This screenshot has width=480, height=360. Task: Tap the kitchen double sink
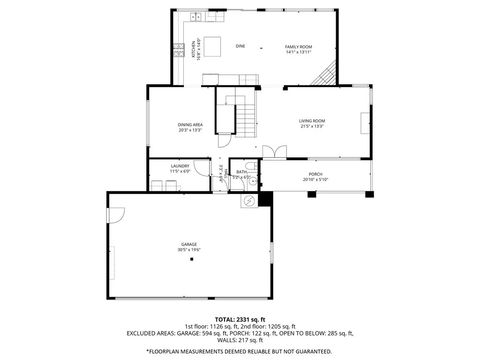(x=195, y=17)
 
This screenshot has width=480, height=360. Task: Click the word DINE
(x=240, y=46)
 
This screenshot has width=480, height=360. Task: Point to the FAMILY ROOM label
(x=299, y=47)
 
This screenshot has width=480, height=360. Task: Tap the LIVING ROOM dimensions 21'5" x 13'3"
(x=312, y=126)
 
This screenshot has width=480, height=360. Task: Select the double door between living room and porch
(x=274, y=152)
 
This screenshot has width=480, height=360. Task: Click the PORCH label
(x=315, y=174)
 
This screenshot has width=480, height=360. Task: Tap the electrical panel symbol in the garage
(x=250, y=201)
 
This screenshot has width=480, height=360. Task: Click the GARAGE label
(x=189, y=244)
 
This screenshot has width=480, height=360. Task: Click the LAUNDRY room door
(x=202, y=168)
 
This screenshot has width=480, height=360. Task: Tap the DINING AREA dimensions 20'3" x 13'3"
(x=190, y=130)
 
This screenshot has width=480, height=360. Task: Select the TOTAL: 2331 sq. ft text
(x=240, y=320)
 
